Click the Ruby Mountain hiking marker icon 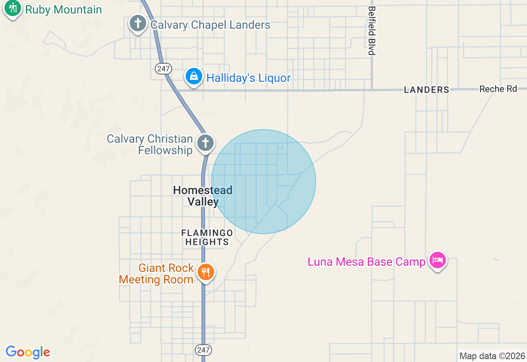[x=13, y=8]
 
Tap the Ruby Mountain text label [x=63, y=9]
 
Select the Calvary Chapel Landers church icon [x=138, y=23]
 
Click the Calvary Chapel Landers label [x=210, y=25]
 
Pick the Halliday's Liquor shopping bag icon [x=194, y=76]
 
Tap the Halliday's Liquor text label [x=248, y=78]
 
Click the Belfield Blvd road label [x=372, y=30]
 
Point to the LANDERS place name [x=426, y=90]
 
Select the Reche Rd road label [x=498, y=89]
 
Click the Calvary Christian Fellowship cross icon [x=205, y=143]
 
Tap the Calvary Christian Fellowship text [x=150, y=144]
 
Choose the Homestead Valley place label [x=203, y=196]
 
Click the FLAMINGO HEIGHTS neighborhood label [x=207, y=237]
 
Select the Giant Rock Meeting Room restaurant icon [x=205, y=272]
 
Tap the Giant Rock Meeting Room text [x=156, y=274]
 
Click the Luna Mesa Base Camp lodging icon [x=438, y=260]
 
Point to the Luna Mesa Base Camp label [x=366, y=262]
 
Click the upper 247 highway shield [x=163, y=69]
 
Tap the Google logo [x=28, y=352]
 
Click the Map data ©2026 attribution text [x=492, y=356]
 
